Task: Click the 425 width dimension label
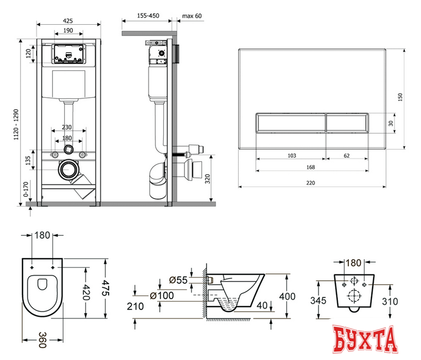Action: tap(68, 21)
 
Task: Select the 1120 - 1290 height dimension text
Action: tap(16, 124)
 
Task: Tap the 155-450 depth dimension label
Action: tap(148, 16)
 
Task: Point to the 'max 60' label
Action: tap(192, 16)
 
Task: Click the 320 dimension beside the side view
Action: tap(208, 179)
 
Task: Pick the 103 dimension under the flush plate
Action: tap(292, 156)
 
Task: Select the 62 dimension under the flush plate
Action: tap(347, 156)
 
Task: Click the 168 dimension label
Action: tap(310, 167)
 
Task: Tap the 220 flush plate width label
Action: tap(310, 183)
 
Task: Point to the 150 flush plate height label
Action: tap(400, 97)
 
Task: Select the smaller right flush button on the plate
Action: tap(347, 123)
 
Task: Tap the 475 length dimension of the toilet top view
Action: tap(105, 288)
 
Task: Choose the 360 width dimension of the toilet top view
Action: tap(42, 340)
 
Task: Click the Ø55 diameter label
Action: tap(178, 280)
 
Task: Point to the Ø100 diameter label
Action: tap(162, 296)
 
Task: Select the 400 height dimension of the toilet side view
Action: tap(287, 296)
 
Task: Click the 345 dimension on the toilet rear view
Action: tap(318, 300)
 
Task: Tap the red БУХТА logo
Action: tap(365, 339)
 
